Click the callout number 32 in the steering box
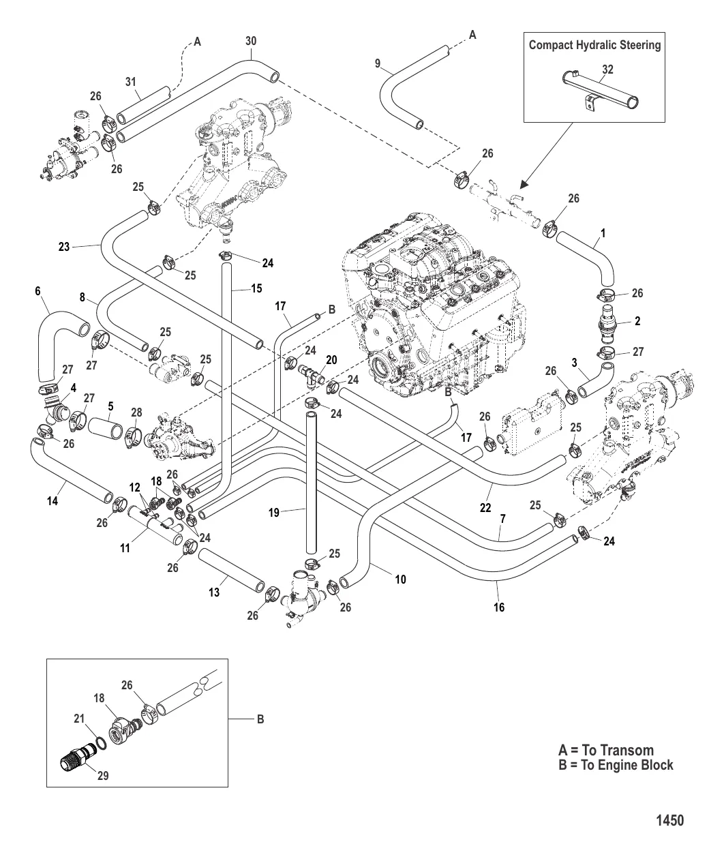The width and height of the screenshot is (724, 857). click(608, 69)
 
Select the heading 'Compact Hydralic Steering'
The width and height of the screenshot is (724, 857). click(595, 45)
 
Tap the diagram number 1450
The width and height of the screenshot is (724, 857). click(669, 820)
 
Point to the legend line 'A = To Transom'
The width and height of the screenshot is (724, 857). click(605, 751)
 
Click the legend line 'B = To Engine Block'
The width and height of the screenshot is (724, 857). click(616, 764)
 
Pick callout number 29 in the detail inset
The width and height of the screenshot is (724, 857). click(102, 775)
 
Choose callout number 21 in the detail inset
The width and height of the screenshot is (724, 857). click(79, 719)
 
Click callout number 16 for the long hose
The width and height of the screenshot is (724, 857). click(499, 607)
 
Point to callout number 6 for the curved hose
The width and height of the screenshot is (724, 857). click(37, 291)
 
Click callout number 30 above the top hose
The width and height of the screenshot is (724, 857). click(251, 42)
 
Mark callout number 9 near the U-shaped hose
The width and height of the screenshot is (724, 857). click(377, 63)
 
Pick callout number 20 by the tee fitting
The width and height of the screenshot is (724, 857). click(331, 359)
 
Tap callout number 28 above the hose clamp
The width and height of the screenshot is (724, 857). click(136, 412)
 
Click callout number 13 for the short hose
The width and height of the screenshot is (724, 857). click(214, 592)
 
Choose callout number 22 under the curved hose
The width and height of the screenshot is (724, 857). click(485, 507)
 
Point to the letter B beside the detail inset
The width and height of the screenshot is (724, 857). click(260, 719)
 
